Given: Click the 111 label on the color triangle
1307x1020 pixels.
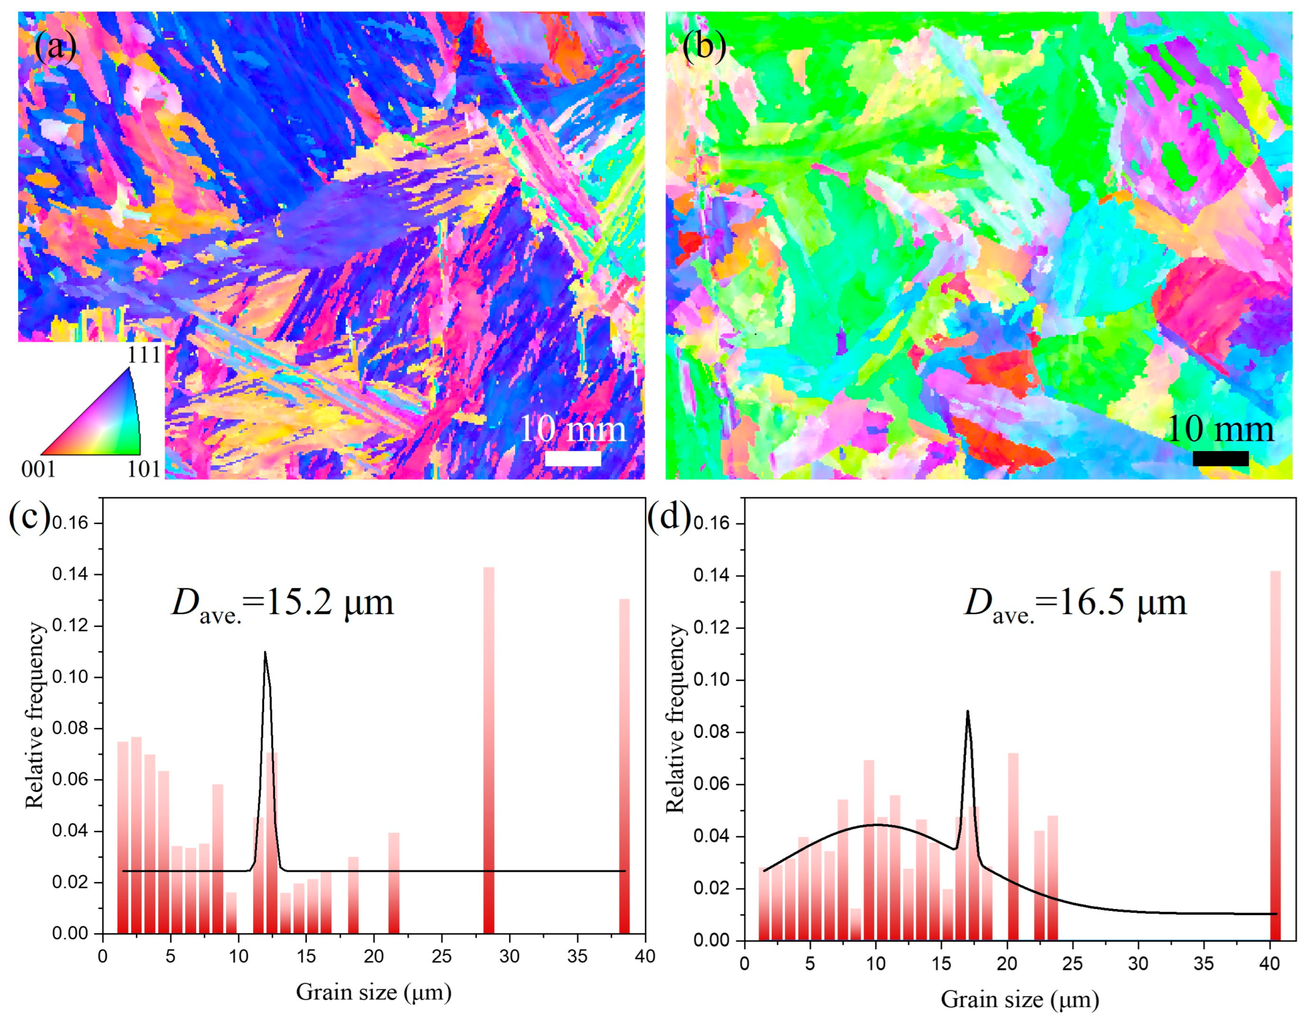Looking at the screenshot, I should pos(144,355).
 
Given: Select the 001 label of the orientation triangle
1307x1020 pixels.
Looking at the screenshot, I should pos(38,469).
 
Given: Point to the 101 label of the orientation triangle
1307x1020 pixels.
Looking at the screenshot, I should pos(144,469).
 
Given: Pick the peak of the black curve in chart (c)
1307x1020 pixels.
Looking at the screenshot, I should pos(264,653).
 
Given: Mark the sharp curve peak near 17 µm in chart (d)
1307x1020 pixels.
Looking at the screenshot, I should pos(968,712).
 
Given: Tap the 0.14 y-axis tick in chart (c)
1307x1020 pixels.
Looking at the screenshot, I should pos(71,575).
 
